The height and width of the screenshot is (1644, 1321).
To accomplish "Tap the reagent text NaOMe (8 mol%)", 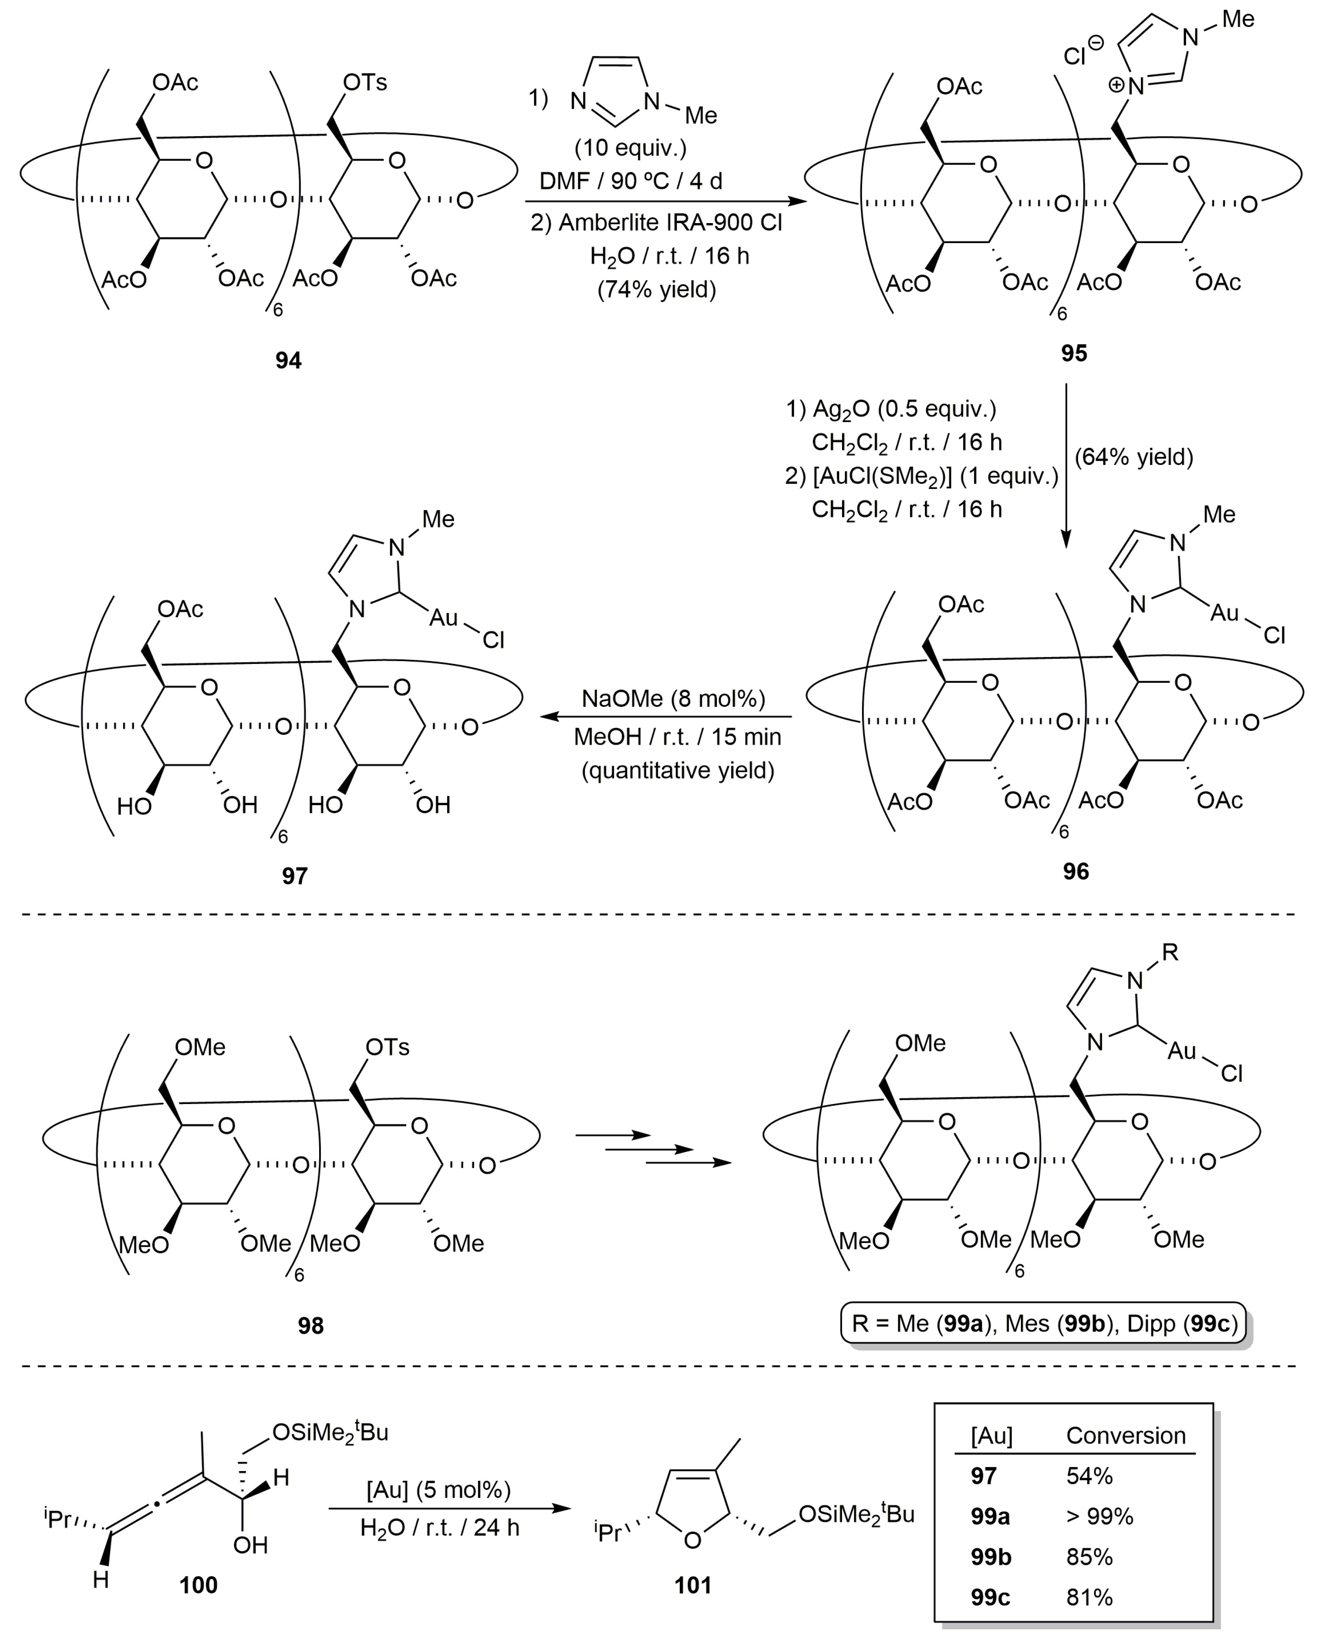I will coord(673,699).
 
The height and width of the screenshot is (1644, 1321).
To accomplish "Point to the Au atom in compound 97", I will coord(443,617).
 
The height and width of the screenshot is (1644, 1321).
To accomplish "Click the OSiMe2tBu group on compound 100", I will coord(330,1433).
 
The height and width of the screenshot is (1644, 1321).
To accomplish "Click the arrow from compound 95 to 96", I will coord(1065,465).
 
